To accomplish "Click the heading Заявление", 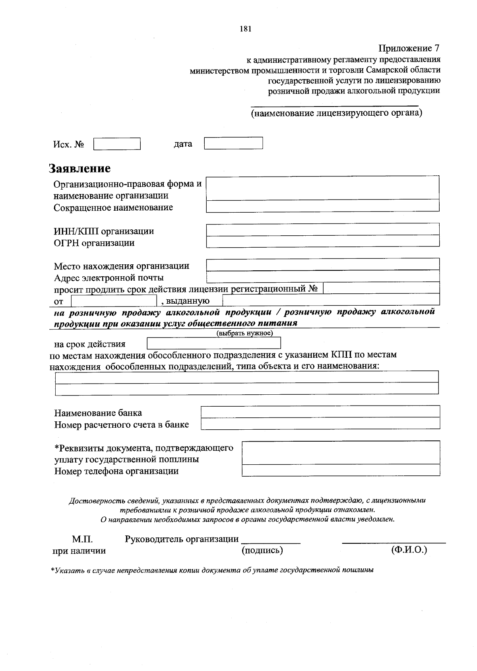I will tap(79, 169).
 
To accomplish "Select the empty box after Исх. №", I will tap(117, 144).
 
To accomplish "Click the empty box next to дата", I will tap(233, 143).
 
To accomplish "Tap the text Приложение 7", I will tap(409, 48).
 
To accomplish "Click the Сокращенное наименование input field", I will tap(322, 206).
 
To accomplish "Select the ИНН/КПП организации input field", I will tap(322, 230).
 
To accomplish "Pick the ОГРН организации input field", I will tap(322, 241).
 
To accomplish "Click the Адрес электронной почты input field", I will tap(322, 276).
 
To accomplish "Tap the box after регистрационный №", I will tap(381, 288).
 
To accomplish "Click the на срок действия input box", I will tap(214, 343).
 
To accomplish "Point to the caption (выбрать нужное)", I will tap(244, 333).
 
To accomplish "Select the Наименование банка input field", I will tap(320, 411).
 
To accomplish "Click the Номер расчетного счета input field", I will tap(320, 423).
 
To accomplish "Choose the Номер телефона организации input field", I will tap(341, 470).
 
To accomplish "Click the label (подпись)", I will tap(262, 550).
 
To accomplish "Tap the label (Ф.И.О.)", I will tap(409, 550).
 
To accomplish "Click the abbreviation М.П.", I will tap(82, 539).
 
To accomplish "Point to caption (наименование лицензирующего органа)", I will tap(336, 113).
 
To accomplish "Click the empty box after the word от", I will tap(114, 301).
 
